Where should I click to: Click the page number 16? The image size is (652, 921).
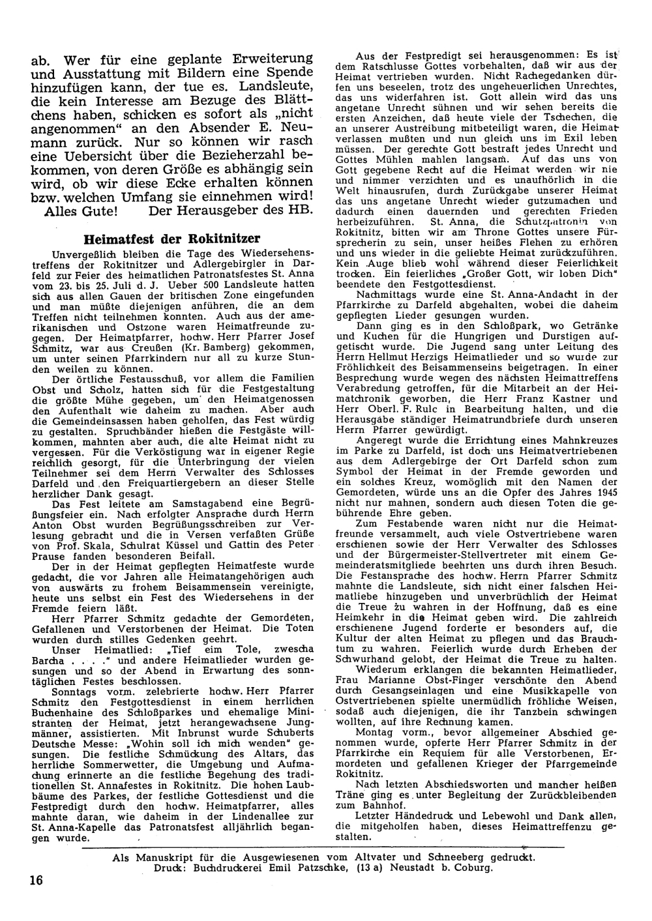(x=35, y=881)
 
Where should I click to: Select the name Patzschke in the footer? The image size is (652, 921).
(x=304, y=868)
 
